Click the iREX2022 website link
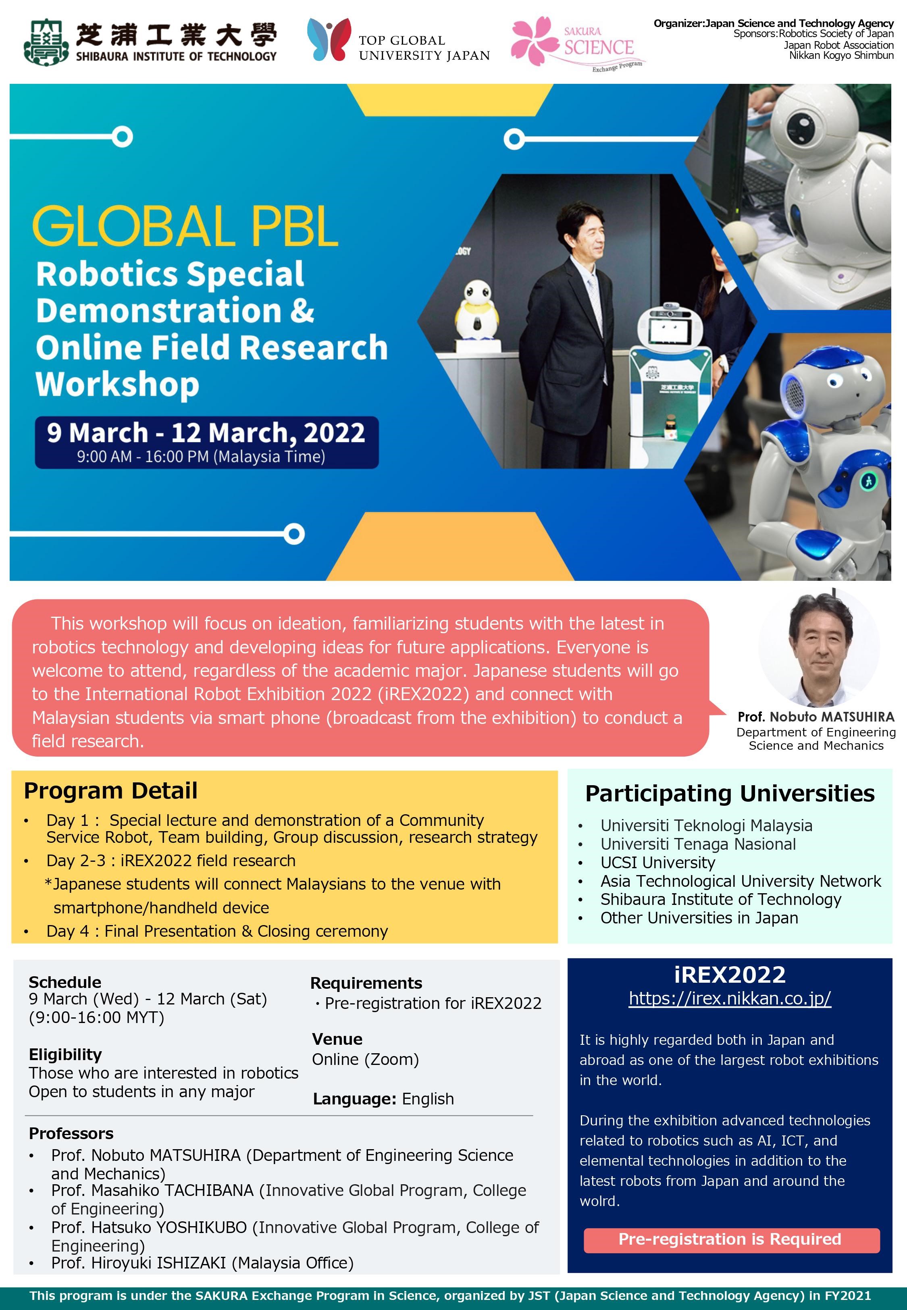tap(730, 998)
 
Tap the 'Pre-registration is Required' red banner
tap(731, 1239)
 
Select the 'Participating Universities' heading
tap(730, 793)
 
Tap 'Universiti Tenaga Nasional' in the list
tap(698, 844)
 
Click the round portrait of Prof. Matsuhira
tap(819, 648)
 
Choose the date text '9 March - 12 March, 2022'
tap(206, 433)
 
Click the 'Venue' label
tap(337, 1039)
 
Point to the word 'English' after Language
tap(428, 1099)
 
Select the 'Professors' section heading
tap(71, 1133)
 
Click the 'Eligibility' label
tap(65, 1054)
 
